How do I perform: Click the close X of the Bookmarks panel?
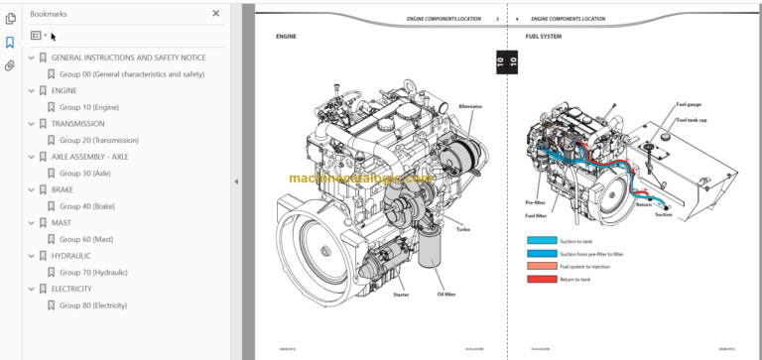click(x=216, y=14)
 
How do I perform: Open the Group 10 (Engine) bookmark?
click(x=90, y=107)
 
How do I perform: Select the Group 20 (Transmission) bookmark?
click(x=98, y=140)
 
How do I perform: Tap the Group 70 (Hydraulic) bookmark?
click(x=93, y=272)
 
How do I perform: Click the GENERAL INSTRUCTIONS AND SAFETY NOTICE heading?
click(x=128, y=58)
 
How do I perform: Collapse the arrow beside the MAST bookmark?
click(x=31, y=223)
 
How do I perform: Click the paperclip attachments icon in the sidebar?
click(x=10, y=66)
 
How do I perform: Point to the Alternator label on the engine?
click(x=471, y=106)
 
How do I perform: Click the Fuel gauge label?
click(x=689, y=104)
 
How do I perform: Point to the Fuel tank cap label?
click(x=692, y=120)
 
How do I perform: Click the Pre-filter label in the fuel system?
click(x=536, y=201)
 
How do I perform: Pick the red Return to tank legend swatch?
click(x=542, y=279)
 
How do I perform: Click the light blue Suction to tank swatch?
click(x=542, y=240)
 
